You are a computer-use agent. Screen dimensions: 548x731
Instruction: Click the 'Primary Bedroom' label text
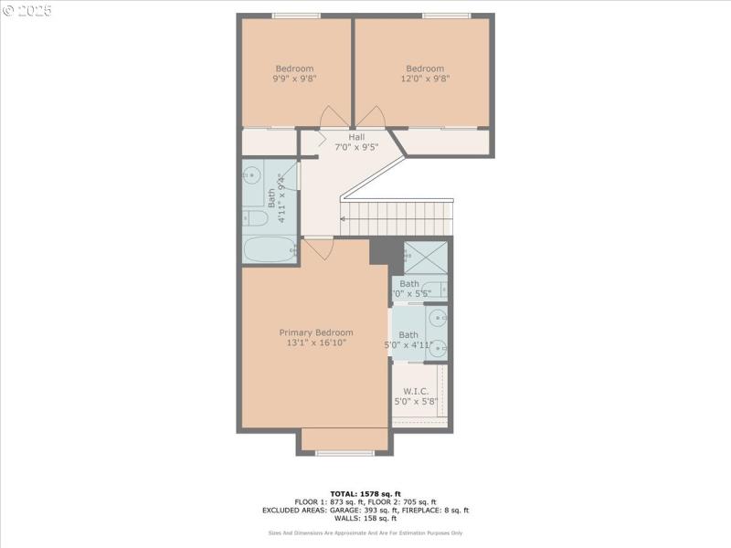click(315, 332)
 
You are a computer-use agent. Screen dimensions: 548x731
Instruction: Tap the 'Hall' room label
click(355, 137)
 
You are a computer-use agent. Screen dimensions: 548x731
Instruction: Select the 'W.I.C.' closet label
click(416, 391)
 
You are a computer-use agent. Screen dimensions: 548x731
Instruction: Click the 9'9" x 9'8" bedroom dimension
click(294, 79)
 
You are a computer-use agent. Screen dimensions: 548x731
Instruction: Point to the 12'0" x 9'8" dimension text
click(425, 79)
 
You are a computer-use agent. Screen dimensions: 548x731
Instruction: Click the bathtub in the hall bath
click(270, 249)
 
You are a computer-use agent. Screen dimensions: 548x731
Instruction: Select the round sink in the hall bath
click(253, 174)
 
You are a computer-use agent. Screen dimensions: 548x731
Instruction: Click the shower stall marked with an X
click(425, 257)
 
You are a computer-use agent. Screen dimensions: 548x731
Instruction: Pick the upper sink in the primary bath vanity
click(439, 319)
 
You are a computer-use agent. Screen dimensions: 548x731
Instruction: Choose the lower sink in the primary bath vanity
click(439, 347)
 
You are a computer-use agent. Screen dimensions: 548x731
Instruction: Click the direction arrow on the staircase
click(344, 219)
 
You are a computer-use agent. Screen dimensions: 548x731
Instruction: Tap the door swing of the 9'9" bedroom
click(334, 117)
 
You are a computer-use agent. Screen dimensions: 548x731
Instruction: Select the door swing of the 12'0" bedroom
click(370, 117)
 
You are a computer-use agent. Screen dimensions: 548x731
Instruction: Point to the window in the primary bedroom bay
click(344, 452)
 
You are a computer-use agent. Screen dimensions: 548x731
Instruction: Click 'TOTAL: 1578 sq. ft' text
click(365, 494)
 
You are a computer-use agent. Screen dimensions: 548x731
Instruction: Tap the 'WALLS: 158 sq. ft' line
click(365, 519)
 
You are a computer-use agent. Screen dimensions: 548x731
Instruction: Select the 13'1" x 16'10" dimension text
click(315, 343)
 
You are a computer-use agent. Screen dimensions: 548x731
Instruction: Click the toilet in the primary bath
click(435, 290)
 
